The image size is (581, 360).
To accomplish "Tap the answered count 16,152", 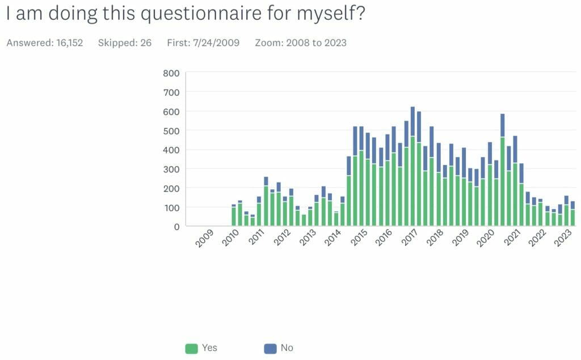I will tap(69, 43).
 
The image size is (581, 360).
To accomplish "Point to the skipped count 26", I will tap(146, 43).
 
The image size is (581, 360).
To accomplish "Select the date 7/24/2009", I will tap(218, 43).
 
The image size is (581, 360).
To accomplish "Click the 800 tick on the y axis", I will tap(171, 73).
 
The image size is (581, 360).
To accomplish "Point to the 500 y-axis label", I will tap(171, 130).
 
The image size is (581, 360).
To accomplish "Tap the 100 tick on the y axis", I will tap(171, 207).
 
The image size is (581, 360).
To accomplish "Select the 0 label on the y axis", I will tap(176, 226).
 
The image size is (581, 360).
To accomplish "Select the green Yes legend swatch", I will tap(191, 348).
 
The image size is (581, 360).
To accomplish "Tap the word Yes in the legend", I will tap(209, 348).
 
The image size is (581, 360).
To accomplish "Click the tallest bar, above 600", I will tap(412, 164).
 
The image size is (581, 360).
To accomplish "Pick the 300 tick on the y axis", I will tap(171, 169).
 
